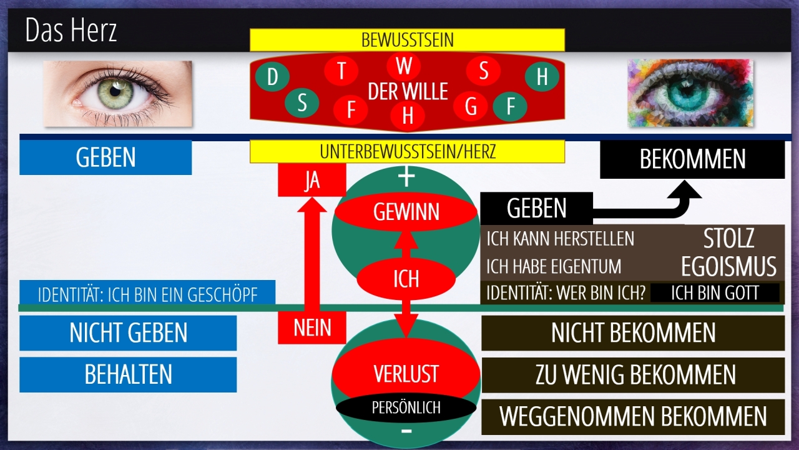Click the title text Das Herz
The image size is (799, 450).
(71, 31)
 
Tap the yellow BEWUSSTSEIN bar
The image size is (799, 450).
(407, 40)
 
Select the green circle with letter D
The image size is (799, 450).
(272, 77)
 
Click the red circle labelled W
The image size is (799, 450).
(404, 66)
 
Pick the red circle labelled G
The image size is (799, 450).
(471, 107)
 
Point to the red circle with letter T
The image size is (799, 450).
(341, 71)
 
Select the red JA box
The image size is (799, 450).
(311, 180)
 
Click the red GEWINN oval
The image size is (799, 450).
(406, 212)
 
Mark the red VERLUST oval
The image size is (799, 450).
(406, 374)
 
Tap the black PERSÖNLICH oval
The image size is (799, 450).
(406, 408)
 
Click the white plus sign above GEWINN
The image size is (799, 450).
(406, 177)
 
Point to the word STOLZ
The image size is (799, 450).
(728, 238)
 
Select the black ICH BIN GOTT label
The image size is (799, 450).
(715, 293)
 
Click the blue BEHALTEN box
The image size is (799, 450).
(128, 374)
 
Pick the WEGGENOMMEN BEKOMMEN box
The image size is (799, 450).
(633, 417)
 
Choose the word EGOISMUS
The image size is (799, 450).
(728, 266)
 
